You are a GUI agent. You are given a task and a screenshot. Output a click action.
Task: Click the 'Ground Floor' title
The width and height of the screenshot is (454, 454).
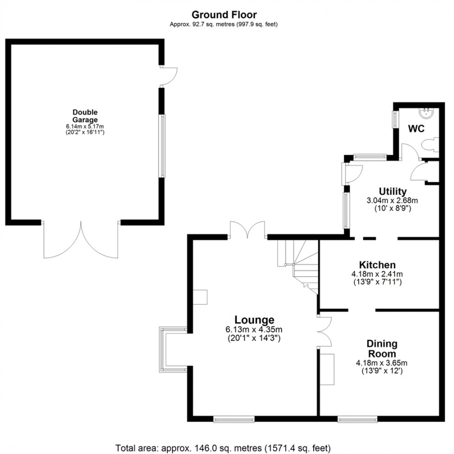click(x=224, y=15)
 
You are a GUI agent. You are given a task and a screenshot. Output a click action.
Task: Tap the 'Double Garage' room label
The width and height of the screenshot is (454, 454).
click(x=85, y=116)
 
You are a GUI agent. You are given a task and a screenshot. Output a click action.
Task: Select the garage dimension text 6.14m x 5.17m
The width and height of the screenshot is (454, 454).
click(x=85, y=126)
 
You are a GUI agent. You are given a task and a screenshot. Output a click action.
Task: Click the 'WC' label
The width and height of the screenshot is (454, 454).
click(x=416, y=129)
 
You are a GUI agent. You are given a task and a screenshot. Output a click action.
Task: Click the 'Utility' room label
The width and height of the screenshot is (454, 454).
click(x=392, y=191)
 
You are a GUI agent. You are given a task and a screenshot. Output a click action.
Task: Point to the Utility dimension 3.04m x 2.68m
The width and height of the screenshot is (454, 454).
click(x=392, y=201)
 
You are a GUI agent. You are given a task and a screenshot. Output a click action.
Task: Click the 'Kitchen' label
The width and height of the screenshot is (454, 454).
click(x=378, y=265)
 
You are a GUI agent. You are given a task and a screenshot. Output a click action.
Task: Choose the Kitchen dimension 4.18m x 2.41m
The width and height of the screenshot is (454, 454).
click(x=378, y=274)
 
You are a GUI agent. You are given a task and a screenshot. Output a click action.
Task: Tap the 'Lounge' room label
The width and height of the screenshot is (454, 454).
click(x=254, y=320)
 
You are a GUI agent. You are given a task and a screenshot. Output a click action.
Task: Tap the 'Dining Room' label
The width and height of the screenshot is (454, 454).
click(x=382, y=349)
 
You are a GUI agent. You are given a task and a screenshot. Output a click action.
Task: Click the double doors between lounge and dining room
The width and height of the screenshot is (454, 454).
click(x=324, y=331)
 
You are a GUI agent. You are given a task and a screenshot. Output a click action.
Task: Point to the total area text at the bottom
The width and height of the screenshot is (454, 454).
click(x=223, y=448)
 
